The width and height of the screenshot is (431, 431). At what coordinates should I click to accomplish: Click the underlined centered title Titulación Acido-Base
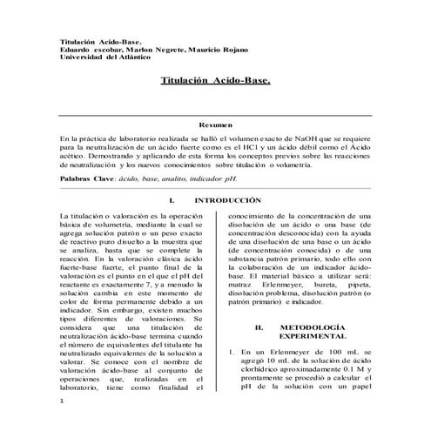216,80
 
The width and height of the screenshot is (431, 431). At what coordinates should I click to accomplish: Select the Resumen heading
215,126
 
